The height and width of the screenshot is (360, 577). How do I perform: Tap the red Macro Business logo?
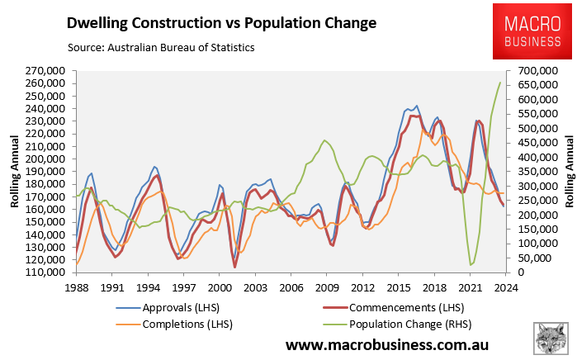click(x=527, y=31)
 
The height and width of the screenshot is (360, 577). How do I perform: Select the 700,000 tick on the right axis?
click(x=535, y=71)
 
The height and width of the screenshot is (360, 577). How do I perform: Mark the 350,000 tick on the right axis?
click(x=535, y=172)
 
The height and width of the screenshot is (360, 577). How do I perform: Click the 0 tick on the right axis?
click(x=521, y=272)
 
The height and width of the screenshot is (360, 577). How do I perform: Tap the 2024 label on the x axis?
click(x=505, y=287)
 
